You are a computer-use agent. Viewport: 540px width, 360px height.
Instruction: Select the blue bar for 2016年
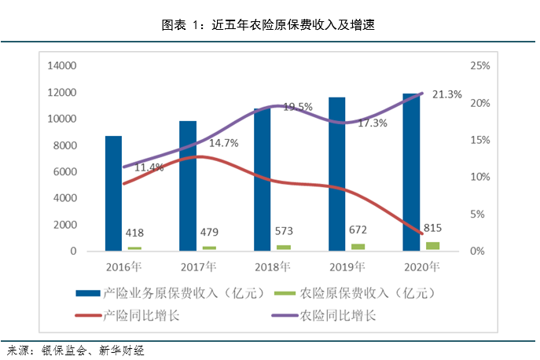[114, 193]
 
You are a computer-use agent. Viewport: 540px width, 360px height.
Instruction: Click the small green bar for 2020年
[432, 246]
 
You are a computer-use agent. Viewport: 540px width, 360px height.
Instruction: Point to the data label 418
[136, 232]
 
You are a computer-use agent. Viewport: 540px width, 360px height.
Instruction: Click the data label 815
[432, 228]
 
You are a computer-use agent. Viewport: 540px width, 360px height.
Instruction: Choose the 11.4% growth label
[149, 167]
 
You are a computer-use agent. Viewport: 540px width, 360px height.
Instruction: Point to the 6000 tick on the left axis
[64, 172]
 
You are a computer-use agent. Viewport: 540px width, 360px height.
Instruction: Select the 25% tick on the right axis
[480, 66]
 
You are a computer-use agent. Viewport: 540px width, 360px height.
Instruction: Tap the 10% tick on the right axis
[480, 177]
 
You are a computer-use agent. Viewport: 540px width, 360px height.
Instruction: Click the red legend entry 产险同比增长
[141, 316]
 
